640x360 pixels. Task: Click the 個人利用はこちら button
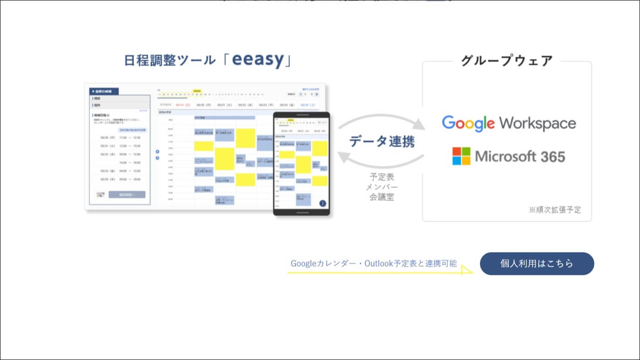(x=537, y=263)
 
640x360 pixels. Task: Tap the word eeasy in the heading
(x=258, y=60)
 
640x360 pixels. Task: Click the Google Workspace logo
(x=508, y=123)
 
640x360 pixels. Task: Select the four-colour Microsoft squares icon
(x=461, y=156)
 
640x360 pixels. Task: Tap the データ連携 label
(x=382, y=141)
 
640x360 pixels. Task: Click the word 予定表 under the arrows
(x=382, y=177)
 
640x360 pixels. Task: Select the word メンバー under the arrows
(x=382, y=187)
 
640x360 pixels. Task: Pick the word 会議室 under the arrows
(x=382, y=198)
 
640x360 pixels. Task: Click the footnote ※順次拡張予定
(x=555, y=210)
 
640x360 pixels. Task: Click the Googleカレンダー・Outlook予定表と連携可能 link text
(x=373, y=263)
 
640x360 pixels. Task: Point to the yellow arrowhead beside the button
(x=467, y=270)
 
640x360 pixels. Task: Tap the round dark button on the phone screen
(x=323, y=204)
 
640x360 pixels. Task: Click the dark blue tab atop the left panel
(x=104, y=91)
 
